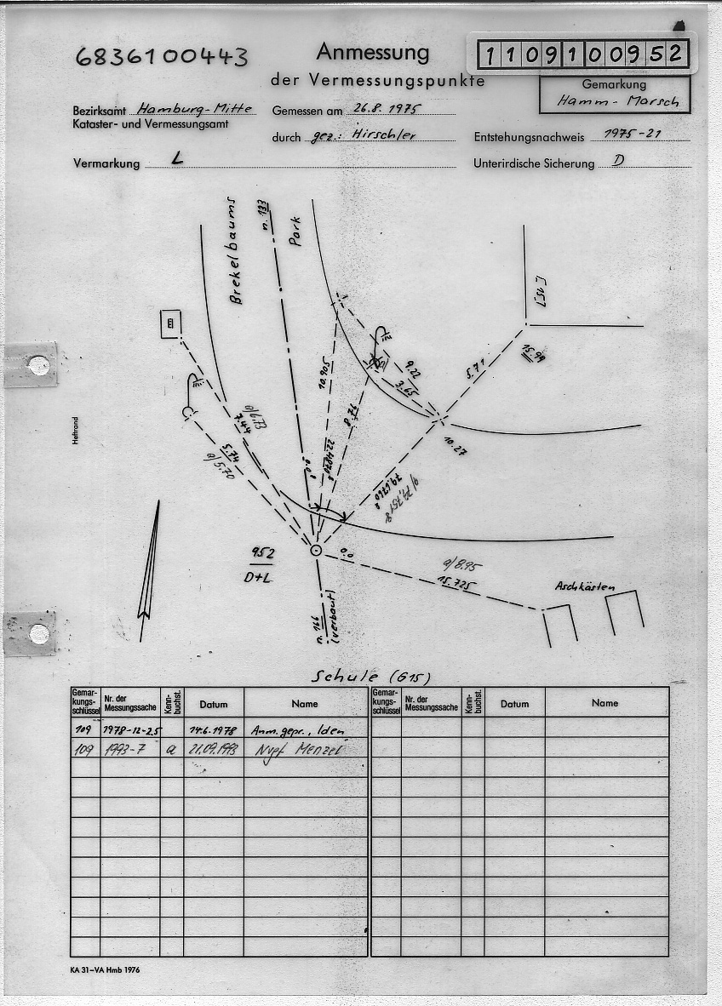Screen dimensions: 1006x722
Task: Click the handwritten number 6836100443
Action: tap(161, 57)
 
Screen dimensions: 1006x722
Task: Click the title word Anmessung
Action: tap(372, 53)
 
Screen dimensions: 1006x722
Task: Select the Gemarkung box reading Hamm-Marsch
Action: tap(614, 94)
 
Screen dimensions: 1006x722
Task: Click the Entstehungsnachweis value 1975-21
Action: tap(631, 134)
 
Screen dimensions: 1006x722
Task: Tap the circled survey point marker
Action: tap(316, 551)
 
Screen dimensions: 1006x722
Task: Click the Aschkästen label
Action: tap(584, 586)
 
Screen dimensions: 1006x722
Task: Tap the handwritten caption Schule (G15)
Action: tap(371, 677)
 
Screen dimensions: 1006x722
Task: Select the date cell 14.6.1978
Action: tap(213, 730)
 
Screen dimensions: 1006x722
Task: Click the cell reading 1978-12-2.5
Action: tap(129, 730)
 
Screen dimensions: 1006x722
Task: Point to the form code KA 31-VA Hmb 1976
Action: tap(105, 971)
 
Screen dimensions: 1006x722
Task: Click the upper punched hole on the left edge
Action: tap(38, 365)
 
